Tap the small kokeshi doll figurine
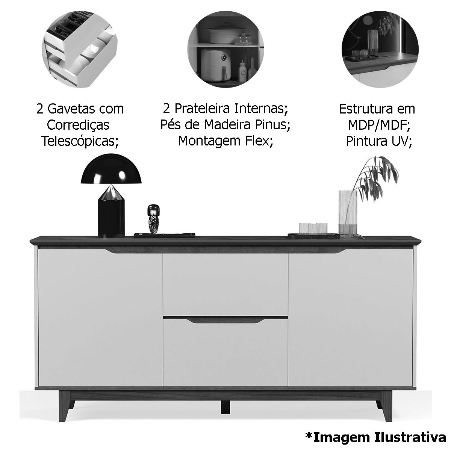pos(153,219)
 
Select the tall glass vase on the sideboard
pos(348,213)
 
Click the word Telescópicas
pos(80,141)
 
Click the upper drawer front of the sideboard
pos(225,285)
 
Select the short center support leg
pos(225,407)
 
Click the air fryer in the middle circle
pos(215,65)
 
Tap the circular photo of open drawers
pos(80,49)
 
